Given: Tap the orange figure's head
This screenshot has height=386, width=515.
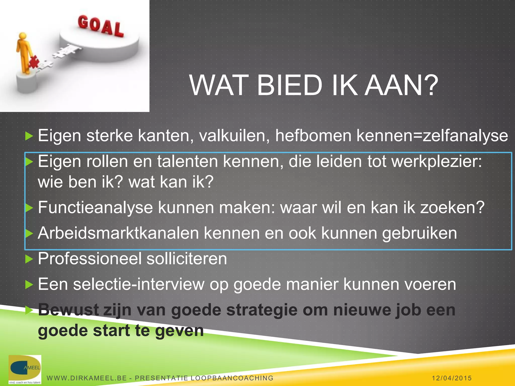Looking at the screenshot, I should (x=23, y=36).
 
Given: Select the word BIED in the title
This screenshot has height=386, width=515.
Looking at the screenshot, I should (x=289, y=85).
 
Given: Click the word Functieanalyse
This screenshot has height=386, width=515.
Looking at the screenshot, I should (x=95, y=208).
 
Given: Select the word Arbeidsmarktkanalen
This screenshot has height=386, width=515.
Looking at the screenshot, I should (x=118, y=233).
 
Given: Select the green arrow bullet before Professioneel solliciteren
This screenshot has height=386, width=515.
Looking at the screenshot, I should (x=29, y=259).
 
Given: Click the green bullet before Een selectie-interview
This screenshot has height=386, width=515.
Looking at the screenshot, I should (x=29, y=284).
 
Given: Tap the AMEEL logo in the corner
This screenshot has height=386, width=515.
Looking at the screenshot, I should (x=25, y=369).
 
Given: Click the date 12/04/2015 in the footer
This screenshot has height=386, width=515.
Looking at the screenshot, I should (x=452, y=378).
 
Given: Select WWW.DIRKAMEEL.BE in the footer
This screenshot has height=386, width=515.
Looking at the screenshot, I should (x=87, y=378).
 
